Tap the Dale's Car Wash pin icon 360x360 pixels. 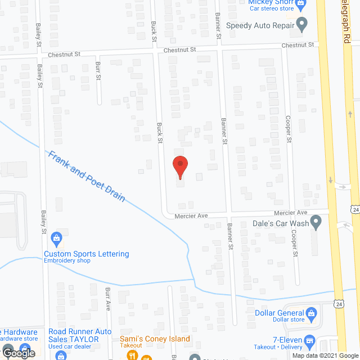[316, 223]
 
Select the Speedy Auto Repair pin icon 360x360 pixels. [301, 25]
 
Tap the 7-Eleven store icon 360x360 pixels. [309, 340]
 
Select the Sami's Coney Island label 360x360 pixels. [155, 339]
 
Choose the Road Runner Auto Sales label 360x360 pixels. [80, 335]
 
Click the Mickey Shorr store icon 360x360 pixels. [301, 4]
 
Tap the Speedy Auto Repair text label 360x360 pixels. [260, 25]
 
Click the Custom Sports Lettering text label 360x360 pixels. [87, 254]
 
